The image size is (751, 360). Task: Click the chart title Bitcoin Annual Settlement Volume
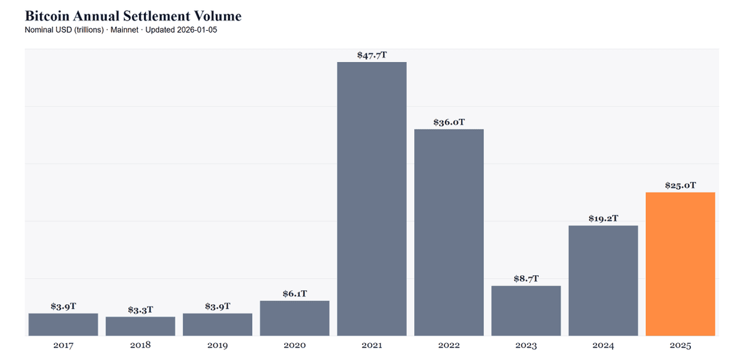coord(133,16)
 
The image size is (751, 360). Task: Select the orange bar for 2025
coord(680,264)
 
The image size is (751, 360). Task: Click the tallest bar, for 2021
coord(372,198)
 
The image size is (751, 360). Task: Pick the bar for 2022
coord(449,232)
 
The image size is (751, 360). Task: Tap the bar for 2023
coord(526,311)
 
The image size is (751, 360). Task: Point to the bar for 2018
coord(140,326)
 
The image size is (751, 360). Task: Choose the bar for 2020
coord(295,319)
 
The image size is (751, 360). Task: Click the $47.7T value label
coord(372,55)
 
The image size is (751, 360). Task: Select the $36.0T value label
coord(449,122)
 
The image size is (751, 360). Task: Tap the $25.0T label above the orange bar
coord(681,185)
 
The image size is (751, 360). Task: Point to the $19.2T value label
coord(603,219)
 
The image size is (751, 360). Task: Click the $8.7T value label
coord(526,279)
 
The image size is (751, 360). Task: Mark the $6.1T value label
coord(295,294)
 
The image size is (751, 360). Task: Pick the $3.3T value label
coord(140,310)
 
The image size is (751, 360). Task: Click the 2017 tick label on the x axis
coord(63,345)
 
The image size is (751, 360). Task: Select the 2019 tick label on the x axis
coord(218,345)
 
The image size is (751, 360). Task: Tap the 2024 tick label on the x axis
coord(603,345)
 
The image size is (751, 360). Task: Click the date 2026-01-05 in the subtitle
coord(197,30)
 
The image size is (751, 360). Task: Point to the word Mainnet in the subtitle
coord(125,30)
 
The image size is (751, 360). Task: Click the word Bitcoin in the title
coord(47,16)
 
